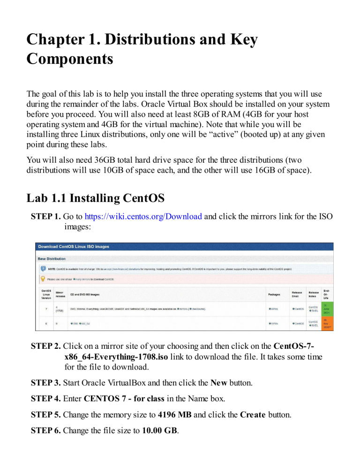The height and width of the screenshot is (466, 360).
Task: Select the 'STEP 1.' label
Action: coord(45,217)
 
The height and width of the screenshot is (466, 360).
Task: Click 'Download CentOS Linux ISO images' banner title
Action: coord(74,247)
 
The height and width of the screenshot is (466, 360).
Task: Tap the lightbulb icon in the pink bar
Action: coord(43,279)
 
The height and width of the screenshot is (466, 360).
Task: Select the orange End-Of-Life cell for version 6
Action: coord(326,323)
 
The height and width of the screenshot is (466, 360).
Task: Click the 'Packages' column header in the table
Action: coord(275,294)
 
